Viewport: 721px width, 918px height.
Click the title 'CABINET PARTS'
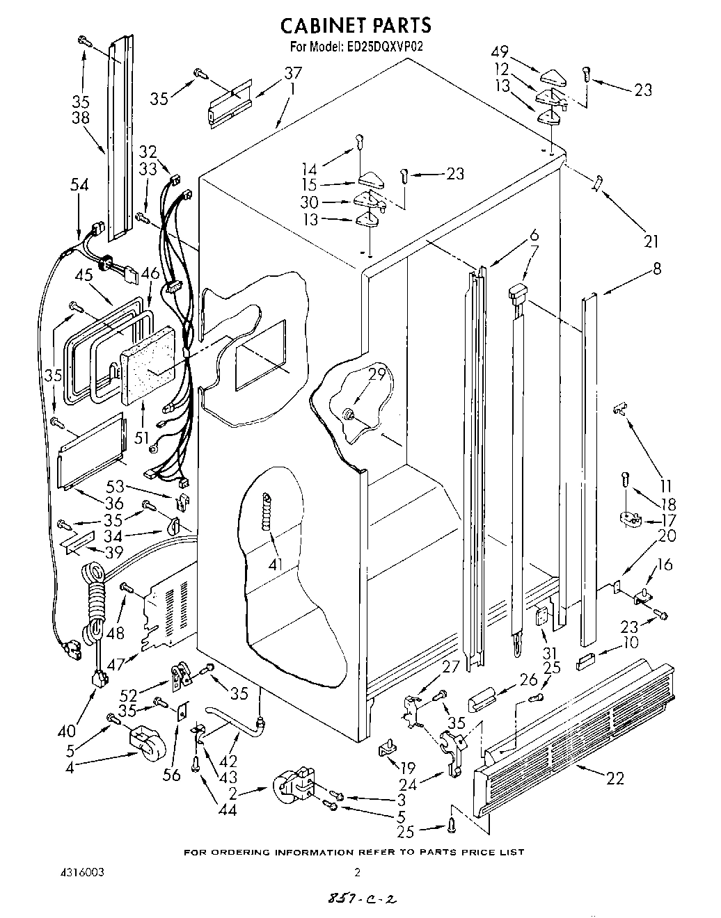coord(356,26)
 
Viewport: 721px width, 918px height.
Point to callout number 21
coord(651,242)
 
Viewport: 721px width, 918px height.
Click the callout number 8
coord(656,269)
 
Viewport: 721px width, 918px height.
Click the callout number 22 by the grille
coord(615,778)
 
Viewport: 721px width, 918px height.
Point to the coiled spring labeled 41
coord(265,512)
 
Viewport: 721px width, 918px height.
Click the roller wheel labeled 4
coord(147,745)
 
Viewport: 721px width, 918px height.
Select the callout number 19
coord(406,768)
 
